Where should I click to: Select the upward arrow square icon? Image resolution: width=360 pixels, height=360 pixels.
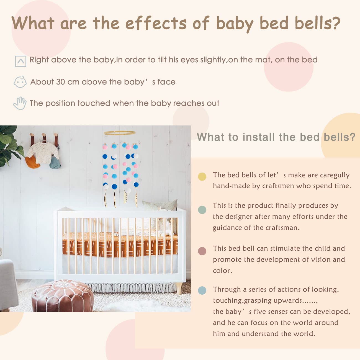click(20, 61)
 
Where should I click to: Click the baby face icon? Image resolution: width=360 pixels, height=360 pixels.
click(20, 82)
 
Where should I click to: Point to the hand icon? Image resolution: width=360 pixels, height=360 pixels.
click(20, 103)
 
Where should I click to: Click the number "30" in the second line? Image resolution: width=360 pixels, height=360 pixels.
click(61, 82)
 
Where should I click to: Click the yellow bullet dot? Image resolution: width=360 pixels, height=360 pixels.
click(202, 177)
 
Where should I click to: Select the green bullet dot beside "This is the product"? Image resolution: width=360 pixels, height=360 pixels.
click(202, 210)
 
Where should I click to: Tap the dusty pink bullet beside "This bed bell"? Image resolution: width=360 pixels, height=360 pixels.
click(202, 251)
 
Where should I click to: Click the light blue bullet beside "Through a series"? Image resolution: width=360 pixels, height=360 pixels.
click(202, 290)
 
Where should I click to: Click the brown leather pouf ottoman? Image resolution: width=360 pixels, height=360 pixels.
click(63, 296)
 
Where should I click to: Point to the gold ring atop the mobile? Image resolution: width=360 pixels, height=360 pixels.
click(120, 133)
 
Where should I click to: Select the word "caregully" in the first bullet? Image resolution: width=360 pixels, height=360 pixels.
click(335, 175)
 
